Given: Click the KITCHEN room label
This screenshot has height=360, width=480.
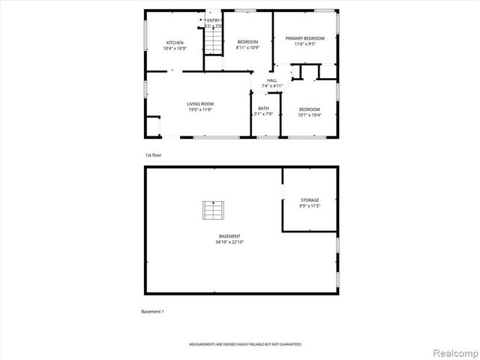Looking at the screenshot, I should pyautogui.click(x=175, y=43).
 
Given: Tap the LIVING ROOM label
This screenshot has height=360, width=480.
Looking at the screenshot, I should pyautogui.click(x=200, y=103).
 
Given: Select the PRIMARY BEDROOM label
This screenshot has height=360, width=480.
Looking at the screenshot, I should pyautogui.click(x=304, y=37).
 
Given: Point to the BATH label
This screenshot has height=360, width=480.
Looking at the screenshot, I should pyautogui.click(x=263, y=109).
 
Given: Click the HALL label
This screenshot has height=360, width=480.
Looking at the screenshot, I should pyautogui.click(x=271, y=80).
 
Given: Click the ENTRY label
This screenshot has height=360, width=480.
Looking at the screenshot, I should pyautogui.click(x=214, y=20).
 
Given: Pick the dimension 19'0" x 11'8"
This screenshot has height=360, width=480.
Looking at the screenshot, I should pyautogui.click(x=200, y=109).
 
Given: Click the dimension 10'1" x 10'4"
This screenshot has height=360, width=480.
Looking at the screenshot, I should pyautogui.click(x=309, y=115).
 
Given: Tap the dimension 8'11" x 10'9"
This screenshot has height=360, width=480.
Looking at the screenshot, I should pyautogui.click(x=247, y=48).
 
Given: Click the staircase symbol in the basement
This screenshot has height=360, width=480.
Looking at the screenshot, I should pyautogui.click(x=213, y=211).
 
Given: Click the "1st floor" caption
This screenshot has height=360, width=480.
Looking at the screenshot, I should pyautogui.click(x=153, y=155).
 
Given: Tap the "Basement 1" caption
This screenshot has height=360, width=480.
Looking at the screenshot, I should pyautogui.click(x=152, y=311).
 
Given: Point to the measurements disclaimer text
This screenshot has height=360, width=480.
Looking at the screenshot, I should pyautogui.click(x=244, y=344).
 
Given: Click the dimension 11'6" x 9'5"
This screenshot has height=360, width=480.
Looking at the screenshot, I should pyautogui.click(x=304, y=43).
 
